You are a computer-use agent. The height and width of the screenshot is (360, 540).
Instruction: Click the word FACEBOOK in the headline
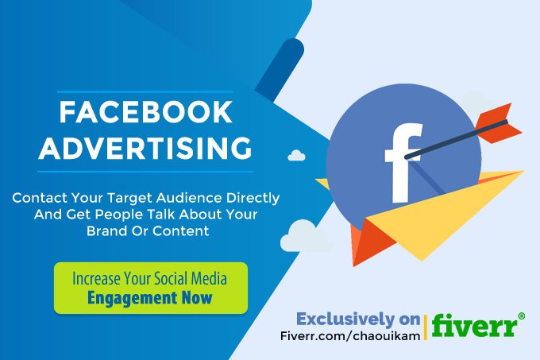[145, 112]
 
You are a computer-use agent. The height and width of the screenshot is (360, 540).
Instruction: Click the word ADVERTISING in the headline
[145, 148]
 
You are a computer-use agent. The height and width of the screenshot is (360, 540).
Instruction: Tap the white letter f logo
[403, 163]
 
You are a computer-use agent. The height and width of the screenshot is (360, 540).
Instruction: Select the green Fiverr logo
[475, 325]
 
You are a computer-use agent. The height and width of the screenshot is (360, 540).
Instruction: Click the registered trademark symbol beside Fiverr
[522, 316]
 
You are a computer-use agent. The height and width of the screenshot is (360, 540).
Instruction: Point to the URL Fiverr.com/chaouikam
[350, 335]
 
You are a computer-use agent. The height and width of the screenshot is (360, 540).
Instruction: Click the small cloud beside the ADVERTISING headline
[296, 156]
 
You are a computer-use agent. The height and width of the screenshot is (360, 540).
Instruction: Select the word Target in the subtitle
[129, 199]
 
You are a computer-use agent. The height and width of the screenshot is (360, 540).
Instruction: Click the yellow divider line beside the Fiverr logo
[426, 327]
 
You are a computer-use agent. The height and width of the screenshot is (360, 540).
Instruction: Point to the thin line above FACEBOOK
[145, 92]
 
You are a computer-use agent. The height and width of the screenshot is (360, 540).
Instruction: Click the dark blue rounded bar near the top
[280, 70]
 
